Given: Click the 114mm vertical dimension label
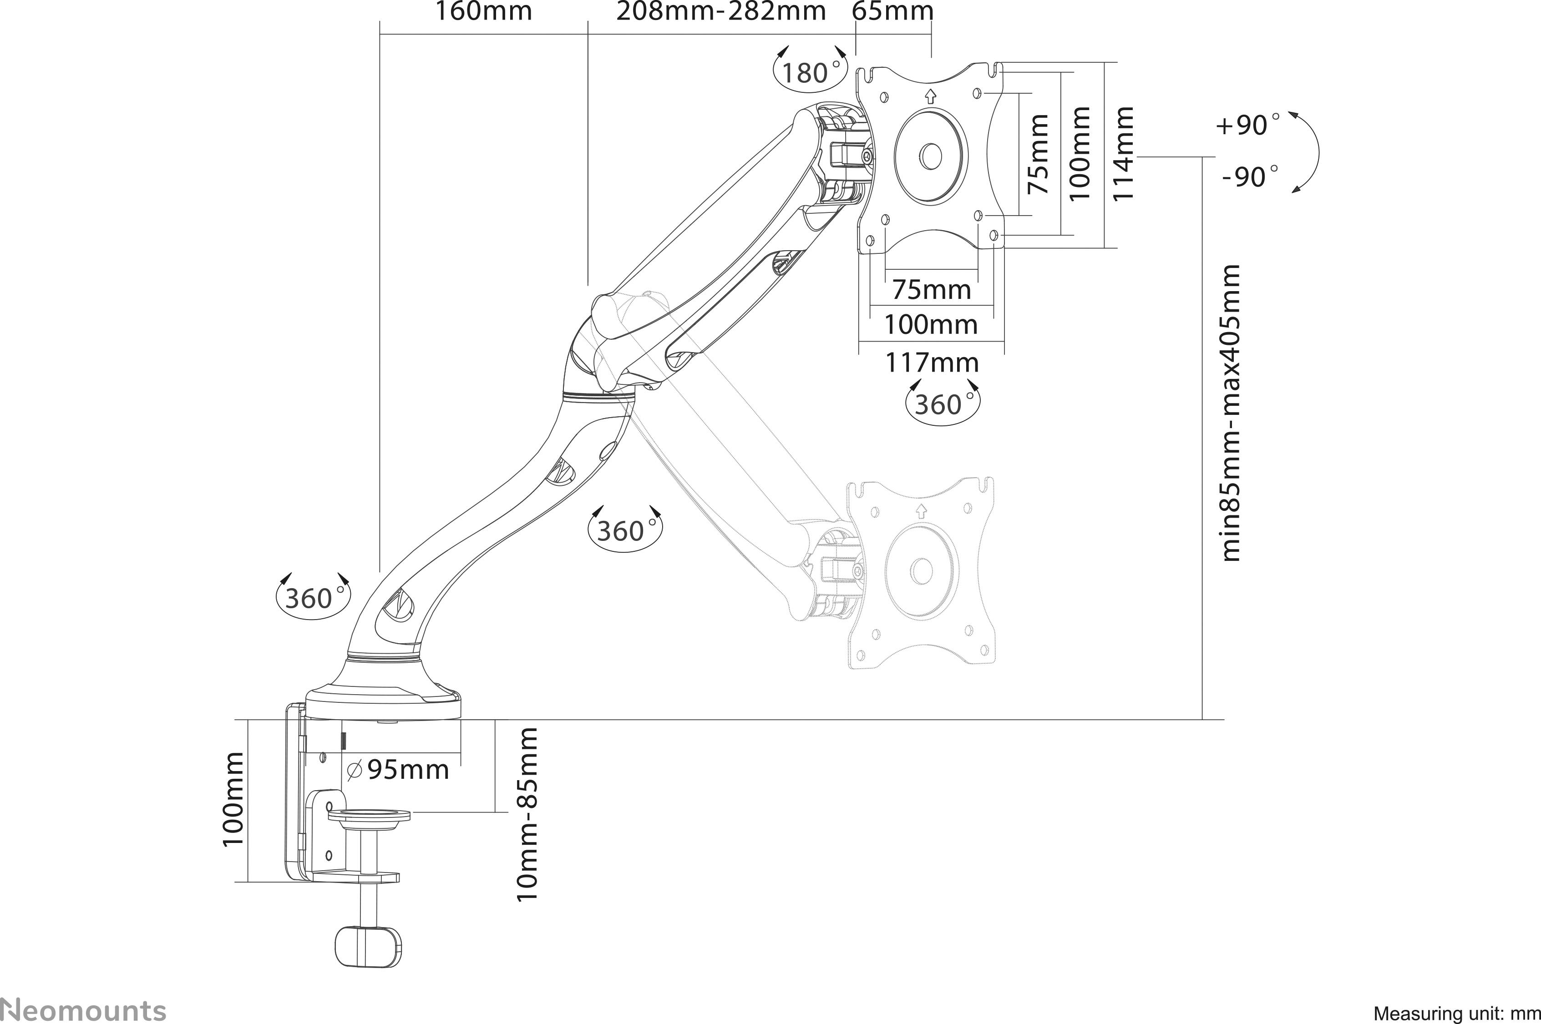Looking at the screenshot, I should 1122,155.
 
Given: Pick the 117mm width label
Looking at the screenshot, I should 932,363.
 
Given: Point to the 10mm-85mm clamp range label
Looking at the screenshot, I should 527,815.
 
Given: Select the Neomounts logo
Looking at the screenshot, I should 84,1009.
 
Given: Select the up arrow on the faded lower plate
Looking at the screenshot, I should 921,510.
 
